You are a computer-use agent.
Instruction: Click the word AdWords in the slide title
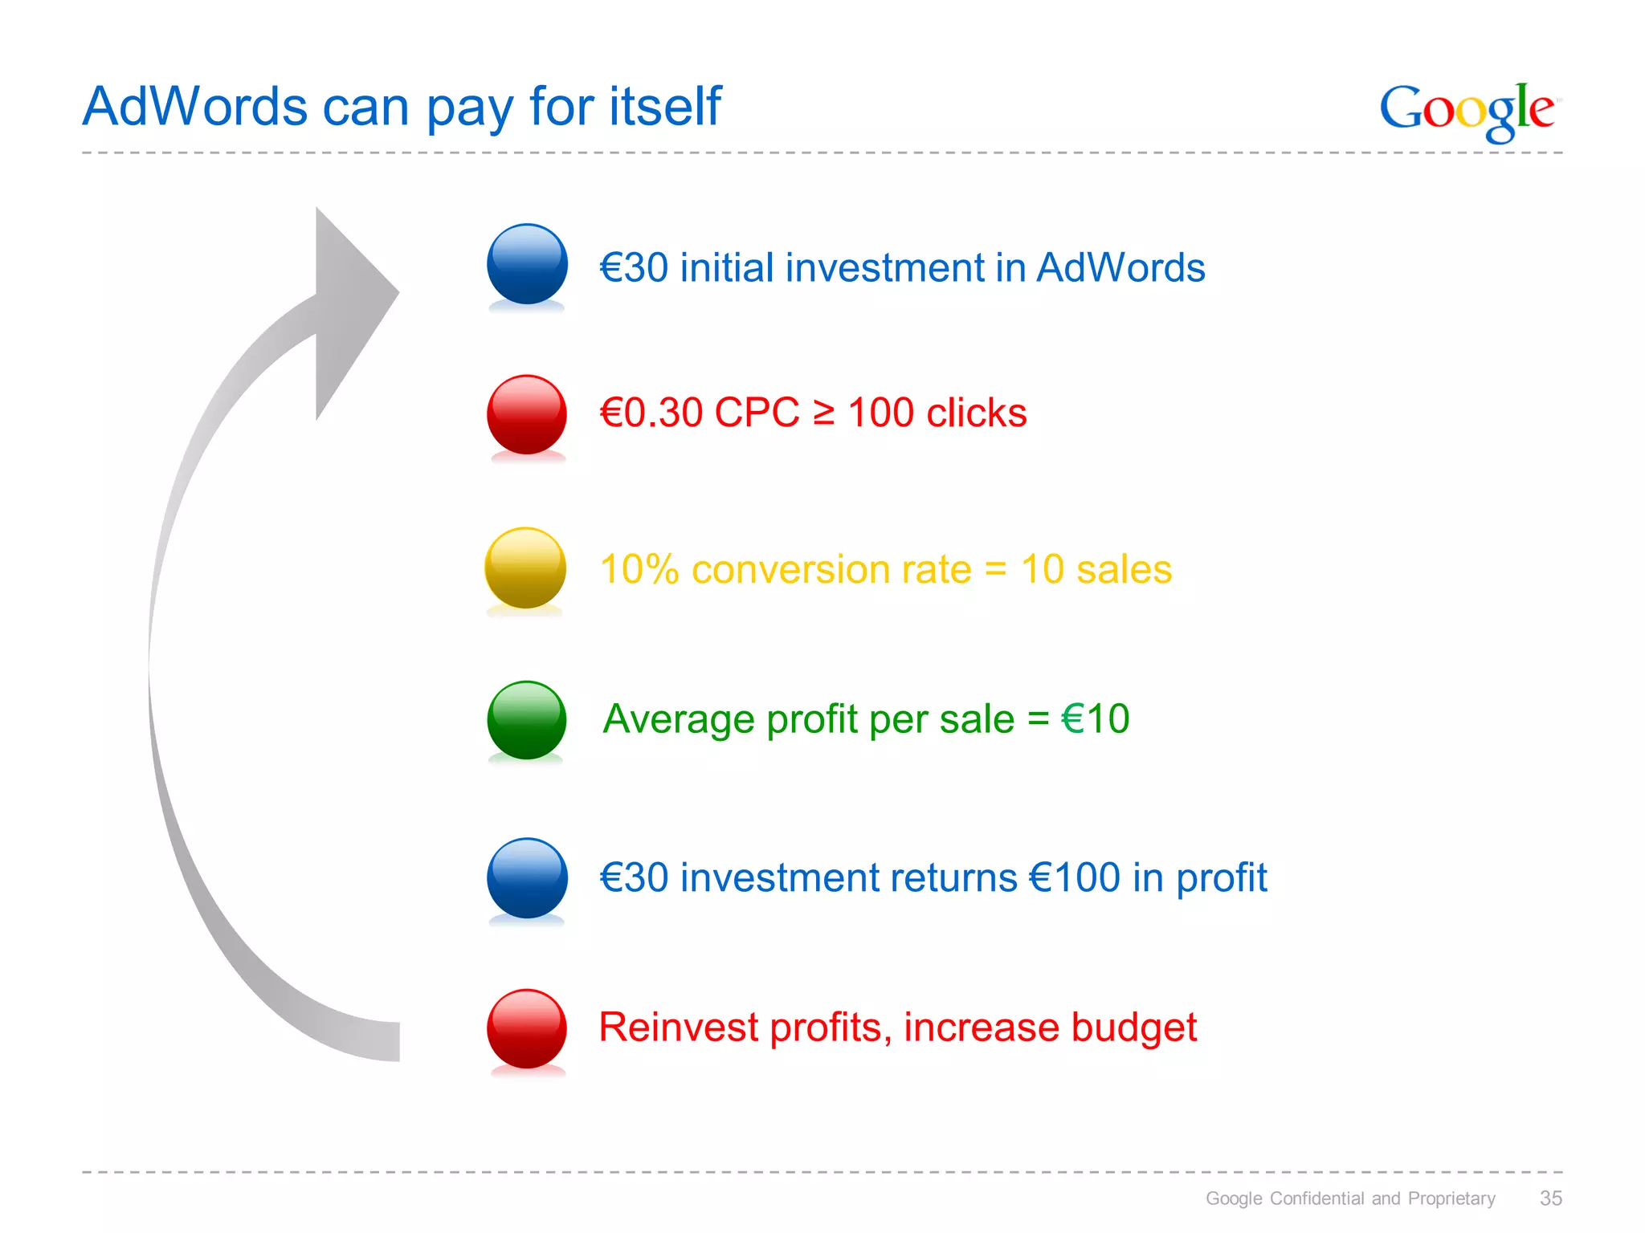pos(195,106)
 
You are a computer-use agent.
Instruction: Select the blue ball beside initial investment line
pos(527,264)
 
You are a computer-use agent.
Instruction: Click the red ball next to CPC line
pos(527,414)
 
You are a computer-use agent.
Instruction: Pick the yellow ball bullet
pos(525,568)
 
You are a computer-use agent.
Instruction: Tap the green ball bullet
pos(527,720)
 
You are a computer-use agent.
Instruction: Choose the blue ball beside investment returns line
pos(527,877)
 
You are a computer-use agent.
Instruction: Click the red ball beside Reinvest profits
pos(527,1028)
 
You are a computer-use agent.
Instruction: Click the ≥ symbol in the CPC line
pos(823,413)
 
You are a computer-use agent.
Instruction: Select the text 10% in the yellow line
pos(639,570)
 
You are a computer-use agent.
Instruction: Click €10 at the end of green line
pos(1095,718)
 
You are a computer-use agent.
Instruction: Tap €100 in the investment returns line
pos(1075,877)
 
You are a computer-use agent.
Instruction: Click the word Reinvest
pos(679,1027)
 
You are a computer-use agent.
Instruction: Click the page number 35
pos(1550,1198)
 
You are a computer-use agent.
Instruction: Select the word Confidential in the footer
pos(1317,1198)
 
